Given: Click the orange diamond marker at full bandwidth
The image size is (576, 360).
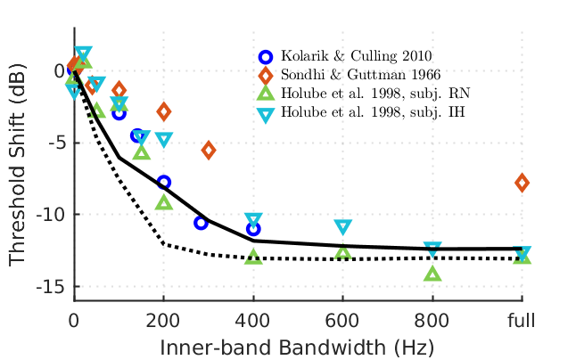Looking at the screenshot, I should [x=522, y=183].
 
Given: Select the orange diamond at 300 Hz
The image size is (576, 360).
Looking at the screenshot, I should [x=209, y=150].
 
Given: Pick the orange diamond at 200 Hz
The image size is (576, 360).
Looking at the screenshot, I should [x=164, y=111].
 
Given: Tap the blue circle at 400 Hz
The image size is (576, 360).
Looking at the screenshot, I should [x=253, y=229].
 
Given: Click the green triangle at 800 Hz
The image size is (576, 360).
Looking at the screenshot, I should [x=432, y=274].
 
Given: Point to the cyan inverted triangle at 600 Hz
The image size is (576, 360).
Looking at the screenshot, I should [x=343, y=227].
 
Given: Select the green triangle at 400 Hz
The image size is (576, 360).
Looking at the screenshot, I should [x=253, y=256].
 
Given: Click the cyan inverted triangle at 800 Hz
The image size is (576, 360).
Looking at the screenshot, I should [x=432, y=249].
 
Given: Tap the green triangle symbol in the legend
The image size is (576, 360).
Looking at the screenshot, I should [x=265, y=94].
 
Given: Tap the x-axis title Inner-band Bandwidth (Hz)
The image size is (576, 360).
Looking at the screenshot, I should [x=298, y=345].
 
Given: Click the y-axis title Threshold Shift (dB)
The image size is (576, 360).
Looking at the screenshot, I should [x=19, y=168].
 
